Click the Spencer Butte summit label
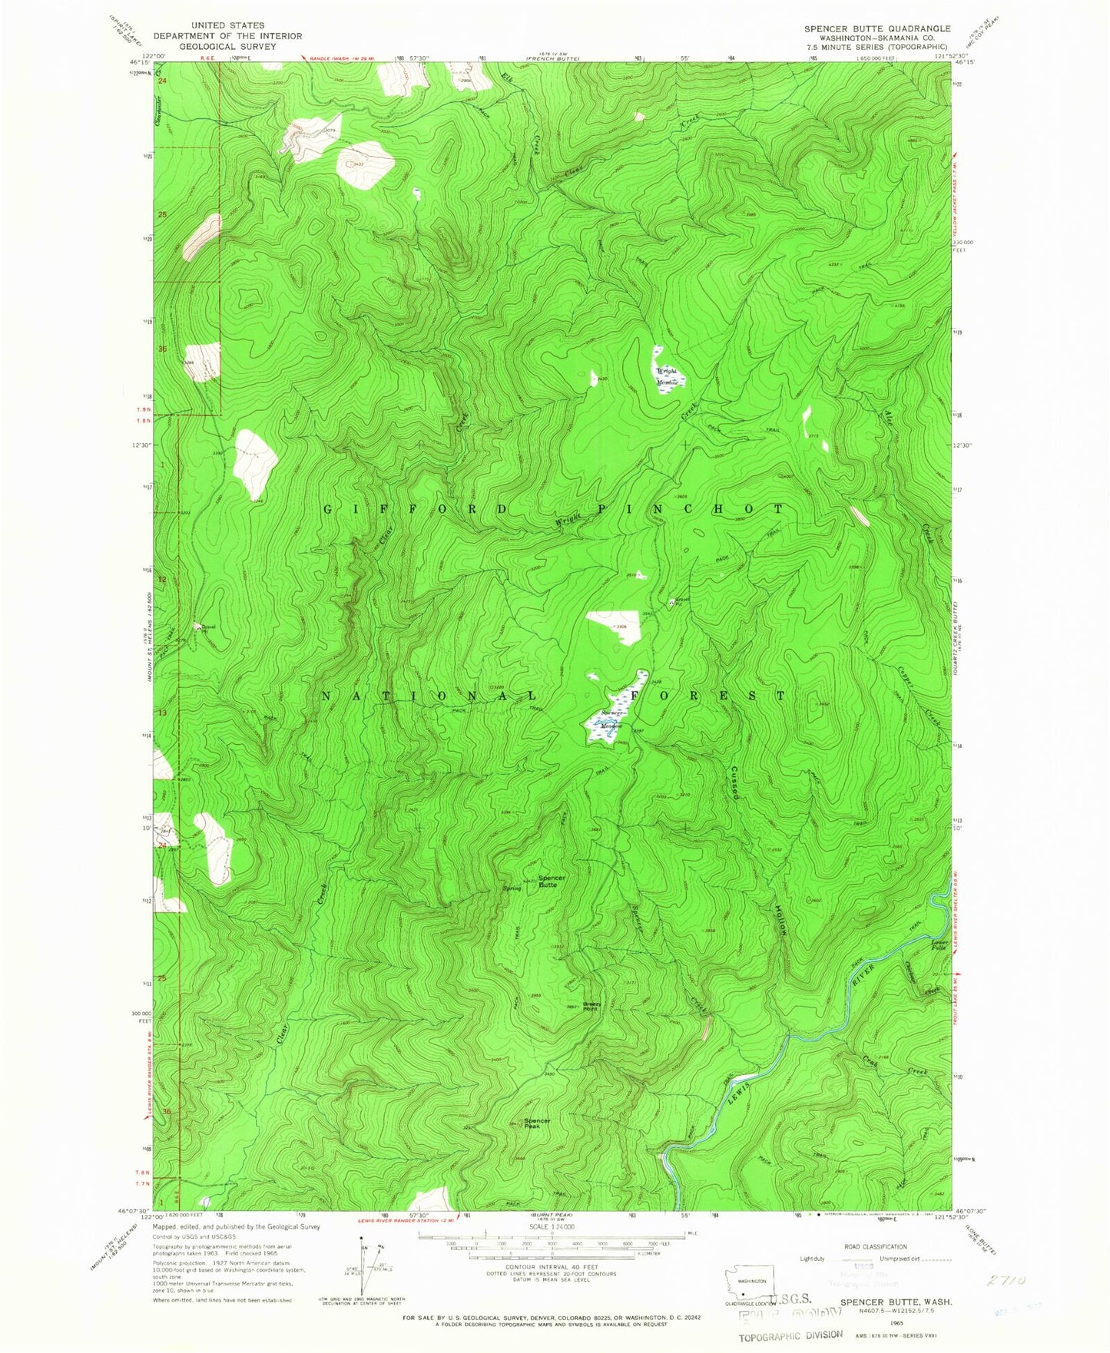552,881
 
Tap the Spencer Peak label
537,1123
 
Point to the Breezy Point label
591,1006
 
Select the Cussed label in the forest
736,782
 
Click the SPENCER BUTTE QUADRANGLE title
877,28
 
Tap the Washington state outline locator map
750,1282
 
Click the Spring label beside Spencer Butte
512,888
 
